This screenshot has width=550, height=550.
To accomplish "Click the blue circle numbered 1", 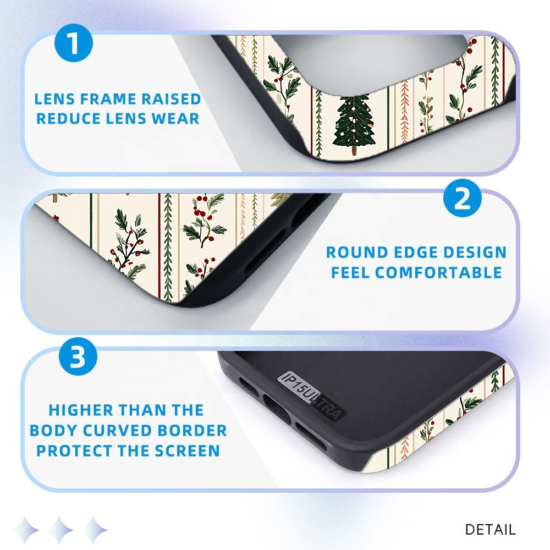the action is tap(74, 43).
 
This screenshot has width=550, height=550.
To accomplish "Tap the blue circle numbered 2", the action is tap(463, 198).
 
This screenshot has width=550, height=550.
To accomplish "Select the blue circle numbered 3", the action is tap(78, 356).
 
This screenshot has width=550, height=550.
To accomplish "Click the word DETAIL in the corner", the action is tap(490, 529).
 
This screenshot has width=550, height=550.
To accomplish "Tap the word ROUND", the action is tap(357, 252).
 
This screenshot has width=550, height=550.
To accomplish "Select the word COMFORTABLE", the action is tap(438, 273).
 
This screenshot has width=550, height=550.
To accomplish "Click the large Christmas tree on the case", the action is tap(355, 124).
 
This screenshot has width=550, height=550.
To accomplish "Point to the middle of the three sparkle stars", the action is tap(61, 530).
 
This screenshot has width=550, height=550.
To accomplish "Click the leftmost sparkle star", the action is tap(26, 530).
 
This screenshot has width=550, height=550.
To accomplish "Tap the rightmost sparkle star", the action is tap(94, 530).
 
